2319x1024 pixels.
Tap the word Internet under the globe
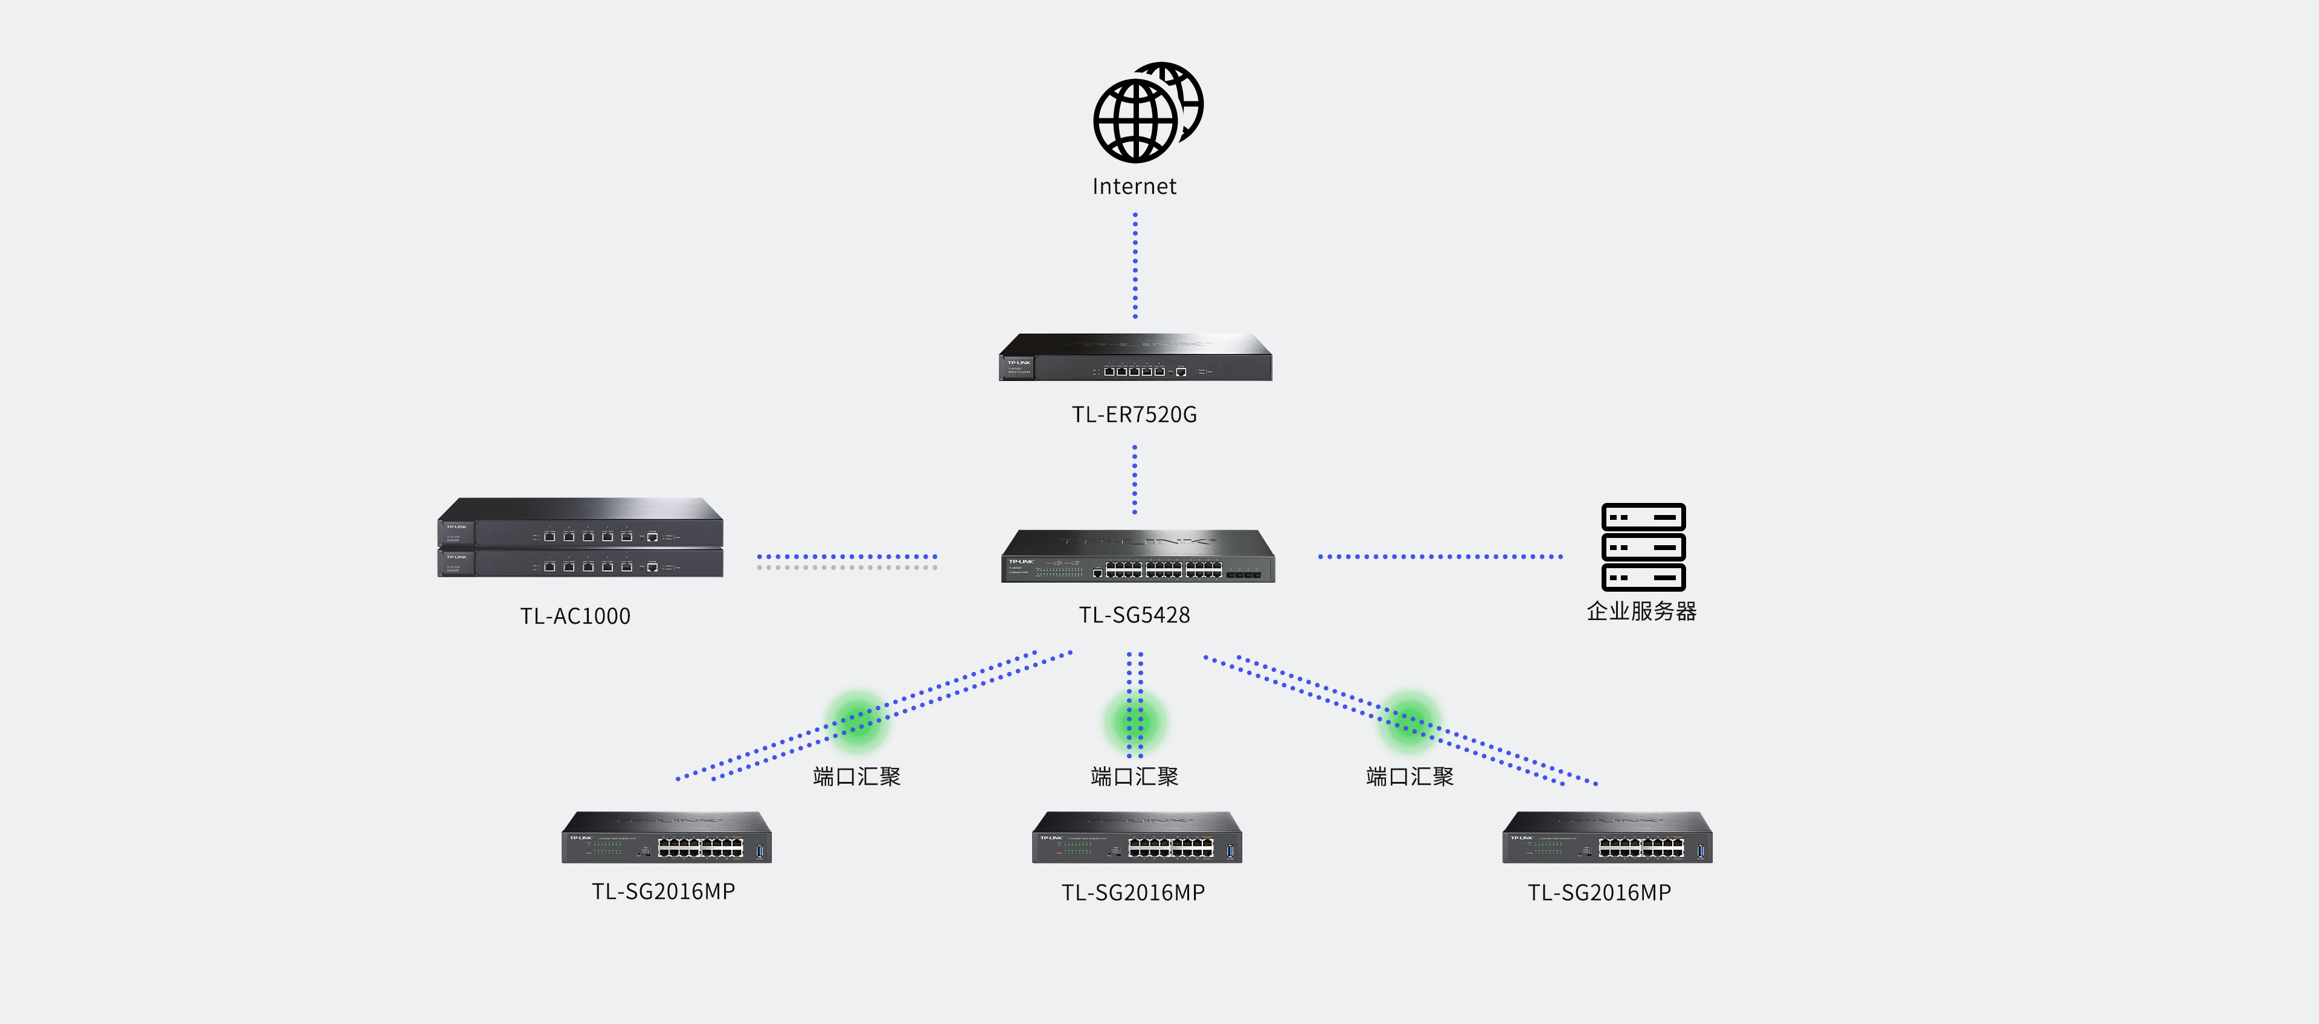(1134, 186)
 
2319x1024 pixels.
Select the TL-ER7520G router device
(1135, 358)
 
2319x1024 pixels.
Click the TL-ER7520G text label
(1134, 414)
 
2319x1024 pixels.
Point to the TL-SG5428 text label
(1134, 615)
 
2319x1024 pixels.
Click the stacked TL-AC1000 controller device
(580, 538)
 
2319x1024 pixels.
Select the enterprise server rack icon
(1643, 546)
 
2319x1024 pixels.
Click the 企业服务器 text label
(1641, 611)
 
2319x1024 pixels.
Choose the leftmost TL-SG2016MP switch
(666, 838)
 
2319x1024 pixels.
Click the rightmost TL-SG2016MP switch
(1607, 838)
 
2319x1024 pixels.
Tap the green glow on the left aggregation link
(857, 720)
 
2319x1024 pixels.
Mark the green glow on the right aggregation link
(1409, 720)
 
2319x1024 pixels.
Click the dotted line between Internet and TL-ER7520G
(1135, 266)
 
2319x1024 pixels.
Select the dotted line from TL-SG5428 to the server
(1440, 557)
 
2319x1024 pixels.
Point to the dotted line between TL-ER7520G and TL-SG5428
(1134, 479)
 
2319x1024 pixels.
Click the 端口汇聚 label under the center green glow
(1134, 776)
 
